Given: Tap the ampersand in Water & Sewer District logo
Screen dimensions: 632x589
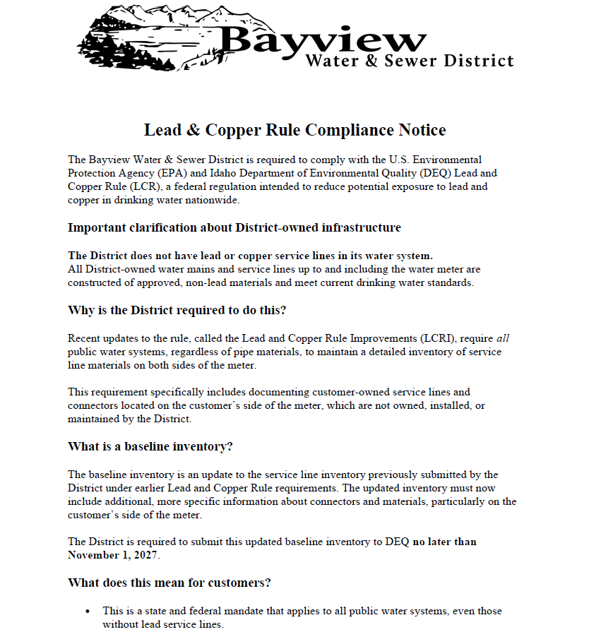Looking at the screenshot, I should [x=371, y=61].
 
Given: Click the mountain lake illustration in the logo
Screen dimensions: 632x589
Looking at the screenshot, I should [x=148, y=39].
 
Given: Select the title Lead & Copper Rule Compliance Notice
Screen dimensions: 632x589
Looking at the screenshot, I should [x=294, y=130].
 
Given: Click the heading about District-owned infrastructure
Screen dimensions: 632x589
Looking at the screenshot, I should [x=234, y=227].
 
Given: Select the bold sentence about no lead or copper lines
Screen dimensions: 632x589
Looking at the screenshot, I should [x=250, y=256].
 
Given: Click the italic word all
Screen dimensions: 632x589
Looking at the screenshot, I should [x=501, y=338].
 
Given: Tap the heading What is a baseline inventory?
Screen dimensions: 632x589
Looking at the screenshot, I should [x=150, y=446].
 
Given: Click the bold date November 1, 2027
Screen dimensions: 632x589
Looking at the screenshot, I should [x=113, y=555].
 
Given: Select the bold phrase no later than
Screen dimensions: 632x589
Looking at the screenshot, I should [x=444, y=542].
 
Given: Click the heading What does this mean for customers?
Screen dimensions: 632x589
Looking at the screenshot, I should [x=169, y=583].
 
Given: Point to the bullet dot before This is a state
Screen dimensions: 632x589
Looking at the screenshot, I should [x=88, y=611].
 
